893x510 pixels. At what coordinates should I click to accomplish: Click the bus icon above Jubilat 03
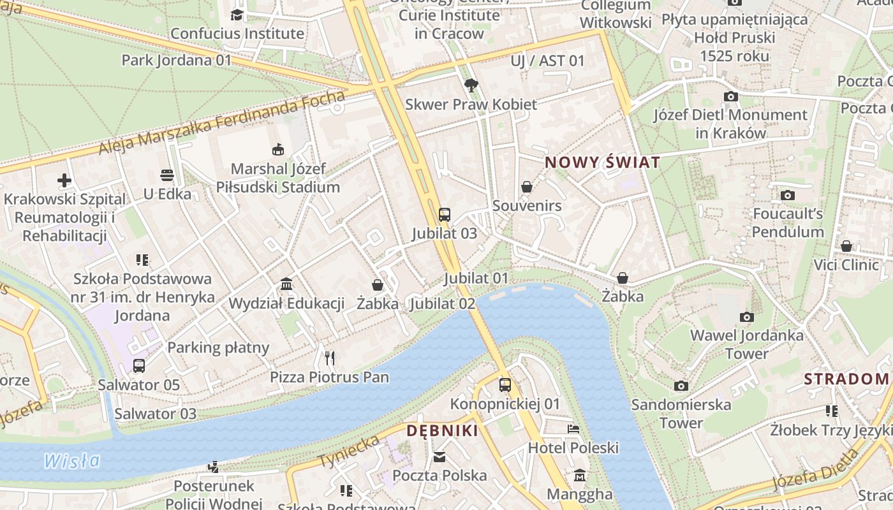[x=445, y=215]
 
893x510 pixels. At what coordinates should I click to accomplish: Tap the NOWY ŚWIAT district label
[x=602, y=163]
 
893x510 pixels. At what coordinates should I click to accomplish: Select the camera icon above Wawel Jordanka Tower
[x=746, y=317]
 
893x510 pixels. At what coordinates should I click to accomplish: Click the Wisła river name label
[x=72, y=460]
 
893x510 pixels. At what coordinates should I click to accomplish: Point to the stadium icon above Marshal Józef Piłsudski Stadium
[x=277, y=150]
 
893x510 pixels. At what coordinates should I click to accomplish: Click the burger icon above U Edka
[x=167, y=175]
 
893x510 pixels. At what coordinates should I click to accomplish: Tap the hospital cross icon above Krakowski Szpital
[x=64, y=180]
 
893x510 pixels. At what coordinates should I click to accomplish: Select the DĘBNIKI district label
[x=443, y=431]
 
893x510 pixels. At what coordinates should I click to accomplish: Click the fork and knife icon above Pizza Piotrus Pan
[x=329, y=358]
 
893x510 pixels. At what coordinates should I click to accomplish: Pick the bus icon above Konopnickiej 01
[x=505, y=385]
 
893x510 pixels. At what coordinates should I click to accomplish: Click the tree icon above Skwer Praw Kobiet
[x=471, y=85]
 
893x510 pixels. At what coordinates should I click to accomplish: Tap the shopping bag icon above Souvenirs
[x=527, y=187]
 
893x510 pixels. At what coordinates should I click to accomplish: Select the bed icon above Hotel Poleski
[x=573, y=429]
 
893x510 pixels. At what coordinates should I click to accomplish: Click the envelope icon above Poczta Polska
[x=439, y=456]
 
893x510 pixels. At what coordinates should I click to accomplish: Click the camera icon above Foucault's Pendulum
[x=788, y=195]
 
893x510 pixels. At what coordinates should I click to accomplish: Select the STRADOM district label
[x=846, y=379]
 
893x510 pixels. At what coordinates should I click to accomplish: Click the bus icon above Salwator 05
[x=138, y=366]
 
